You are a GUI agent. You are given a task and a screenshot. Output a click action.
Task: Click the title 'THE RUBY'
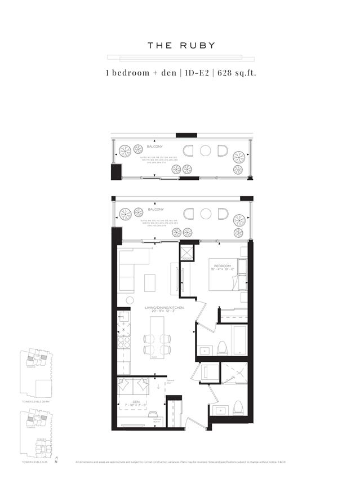181,46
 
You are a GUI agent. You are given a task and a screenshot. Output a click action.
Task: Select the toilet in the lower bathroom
238,405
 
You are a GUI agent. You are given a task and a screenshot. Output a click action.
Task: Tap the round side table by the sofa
130,300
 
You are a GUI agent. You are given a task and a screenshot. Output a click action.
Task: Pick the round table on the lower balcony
206,214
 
